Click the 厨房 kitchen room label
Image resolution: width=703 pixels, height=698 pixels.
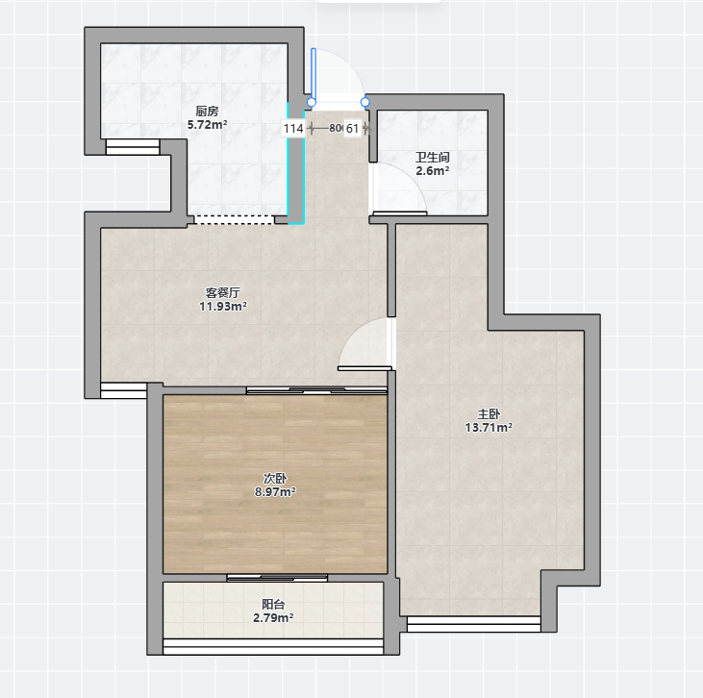[x=207, y=111]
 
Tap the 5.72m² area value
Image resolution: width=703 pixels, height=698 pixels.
[x=207, y=125]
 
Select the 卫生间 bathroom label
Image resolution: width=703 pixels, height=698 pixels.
[x=432, y=157]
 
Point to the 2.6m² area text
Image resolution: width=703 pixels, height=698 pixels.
[x=432, y=171]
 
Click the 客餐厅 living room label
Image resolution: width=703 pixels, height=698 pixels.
[x=223, y=292]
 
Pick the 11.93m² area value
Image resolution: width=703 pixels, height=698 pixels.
[x=223, y=307]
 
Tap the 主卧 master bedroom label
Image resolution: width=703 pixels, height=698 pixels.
[x=489, y=413]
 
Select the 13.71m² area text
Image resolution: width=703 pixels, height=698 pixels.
[x=489, y=428]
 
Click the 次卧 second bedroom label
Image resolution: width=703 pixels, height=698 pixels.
[x=275, y=478]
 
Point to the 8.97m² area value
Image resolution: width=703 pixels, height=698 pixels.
[x=275, y=492]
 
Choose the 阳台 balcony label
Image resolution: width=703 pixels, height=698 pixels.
[x=273, y=604]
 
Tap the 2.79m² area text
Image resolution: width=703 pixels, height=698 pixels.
[x=273, y=618]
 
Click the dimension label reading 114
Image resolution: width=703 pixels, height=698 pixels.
[x=293, y=129]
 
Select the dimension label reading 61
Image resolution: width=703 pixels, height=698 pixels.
[x=352, y=129]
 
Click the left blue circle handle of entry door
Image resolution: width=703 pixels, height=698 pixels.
[x=312, y=102]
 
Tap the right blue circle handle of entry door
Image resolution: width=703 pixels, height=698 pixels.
[x=365, y=102]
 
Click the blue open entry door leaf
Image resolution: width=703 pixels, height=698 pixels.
[x=314, y=74]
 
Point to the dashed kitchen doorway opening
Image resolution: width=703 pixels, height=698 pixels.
[x=234, y=219]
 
